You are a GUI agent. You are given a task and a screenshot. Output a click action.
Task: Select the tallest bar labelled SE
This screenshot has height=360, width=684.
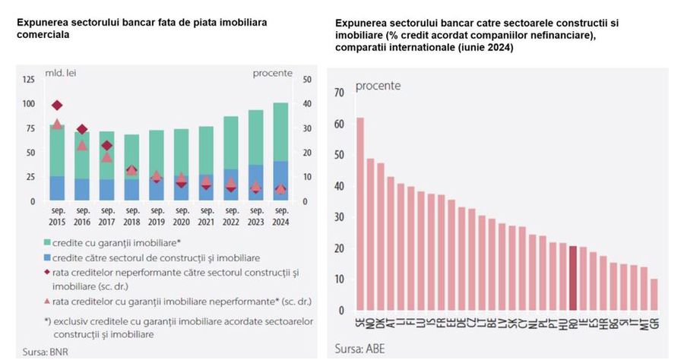359,214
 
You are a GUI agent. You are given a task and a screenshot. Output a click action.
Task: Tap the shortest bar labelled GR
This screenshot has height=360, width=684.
654,295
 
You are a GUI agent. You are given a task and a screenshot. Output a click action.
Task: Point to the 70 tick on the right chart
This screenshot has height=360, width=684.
339,93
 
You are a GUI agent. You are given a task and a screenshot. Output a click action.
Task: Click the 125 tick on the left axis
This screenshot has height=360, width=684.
29,79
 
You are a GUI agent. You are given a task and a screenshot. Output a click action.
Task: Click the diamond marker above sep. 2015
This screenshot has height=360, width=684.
57,105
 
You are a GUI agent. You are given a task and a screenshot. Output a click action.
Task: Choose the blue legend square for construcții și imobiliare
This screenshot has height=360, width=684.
48,258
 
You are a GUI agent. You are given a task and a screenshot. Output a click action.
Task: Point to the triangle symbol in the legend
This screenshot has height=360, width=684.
48,302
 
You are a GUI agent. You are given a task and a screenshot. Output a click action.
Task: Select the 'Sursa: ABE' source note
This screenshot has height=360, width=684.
358,351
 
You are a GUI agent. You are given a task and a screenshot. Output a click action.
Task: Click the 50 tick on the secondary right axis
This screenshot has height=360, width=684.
307,79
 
